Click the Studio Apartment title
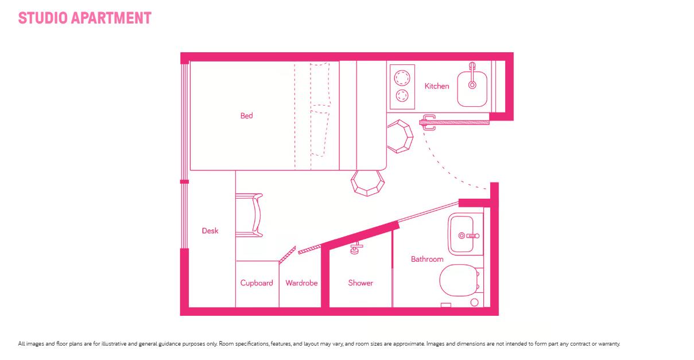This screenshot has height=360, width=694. (84, 18)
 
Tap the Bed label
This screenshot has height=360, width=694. (247, 116)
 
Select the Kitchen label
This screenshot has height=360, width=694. (436, 86)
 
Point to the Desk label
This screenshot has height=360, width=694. (210, 231)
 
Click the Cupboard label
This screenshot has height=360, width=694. (257, 283)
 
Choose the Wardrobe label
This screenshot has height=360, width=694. (301, 283)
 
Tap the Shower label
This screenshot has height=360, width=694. (360, 283)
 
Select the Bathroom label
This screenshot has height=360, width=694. (427, 259)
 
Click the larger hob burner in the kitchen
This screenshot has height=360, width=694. (402, 78)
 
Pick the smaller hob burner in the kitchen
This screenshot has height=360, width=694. (402, 95)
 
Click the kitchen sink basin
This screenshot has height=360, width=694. (472, 89)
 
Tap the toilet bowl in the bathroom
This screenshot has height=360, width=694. (459, 280)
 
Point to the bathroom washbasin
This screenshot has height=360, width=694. (462, 234)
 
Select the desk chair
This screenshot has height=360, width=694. (249, 215)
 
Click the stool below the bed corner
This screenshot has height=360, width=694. (367, 183)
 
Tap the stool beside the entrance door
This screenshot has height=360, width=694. (400, 137)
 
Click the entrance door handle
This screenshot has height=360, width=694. (428, 122)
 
